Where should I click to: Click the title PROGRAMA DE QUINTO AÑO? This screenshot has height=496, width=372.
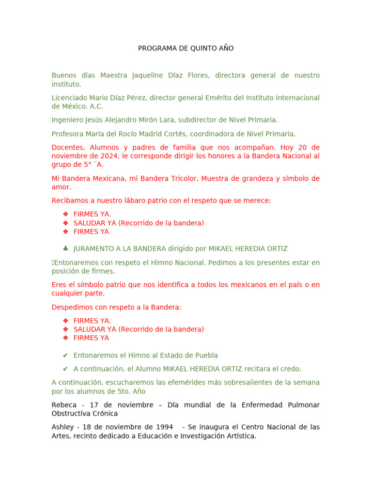tap(186, 48)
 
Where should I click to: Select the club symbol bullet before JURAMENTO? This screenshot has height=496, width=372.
tap(65, 249)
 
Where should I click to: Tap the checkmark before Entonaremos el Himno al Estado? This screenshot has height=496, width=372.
tap(65, 356)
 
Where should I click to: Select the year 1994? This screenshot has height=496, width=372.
tap(163, 427)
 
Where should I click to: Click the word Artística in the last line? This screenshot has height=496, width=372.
tap(239, 436)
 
